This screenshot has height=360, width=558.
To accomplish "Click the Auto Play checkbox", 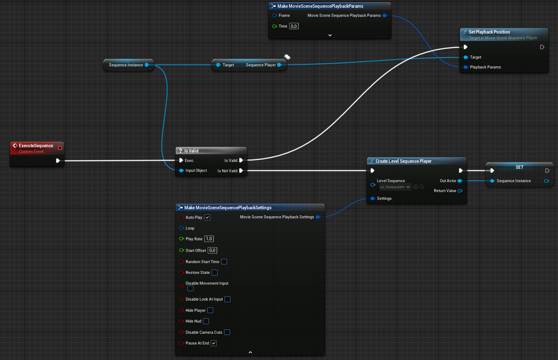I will [x=207, y=217].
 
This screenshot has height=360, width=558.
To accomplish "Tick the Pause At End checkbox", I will [x=214, y=343].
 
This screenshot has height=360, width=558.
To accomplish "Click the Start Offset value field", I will [x=212, y=251].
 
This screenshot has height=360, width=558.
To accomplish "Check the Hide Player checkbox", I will [x=210, y=310].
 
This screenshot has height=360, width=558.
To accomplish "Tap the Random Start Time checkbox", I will [x=224, y=262].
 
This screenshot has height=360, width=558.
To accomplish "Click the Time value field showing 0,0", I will [x=294, y=26].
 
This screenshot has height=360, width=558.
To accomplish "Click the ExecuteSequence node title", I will [x=36, y=146].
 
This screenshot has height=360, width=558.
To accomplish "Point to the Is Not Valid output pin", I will [x=241, y=171].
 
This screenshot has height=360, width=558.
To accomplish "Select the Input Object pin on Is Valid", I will [x=182, y=171].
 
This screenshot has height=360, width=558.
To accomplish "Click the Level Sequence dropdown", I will [x=395, y=187].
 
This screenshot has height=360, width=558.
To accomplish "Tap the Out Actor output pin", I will [x=460, y=181].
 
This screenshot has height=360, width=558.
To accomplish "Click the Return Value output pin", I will [x=460, y=191].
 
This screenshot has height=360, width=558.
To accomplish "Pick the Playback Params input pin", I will [x=466, y=67].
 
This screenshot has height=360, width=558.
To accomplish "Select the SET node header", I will [x=519, y=167].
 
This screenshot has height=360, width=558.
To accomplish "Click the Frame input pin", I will [x=274, y=16].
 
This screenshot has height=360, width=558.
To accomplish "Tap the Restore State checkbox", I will [x=215, y=273].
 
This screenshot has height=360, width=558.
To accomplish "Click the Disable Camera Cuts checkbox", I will [x=227, y=332].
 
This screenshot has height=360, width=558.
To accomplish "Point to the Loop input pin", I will [x=181, y=228].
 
